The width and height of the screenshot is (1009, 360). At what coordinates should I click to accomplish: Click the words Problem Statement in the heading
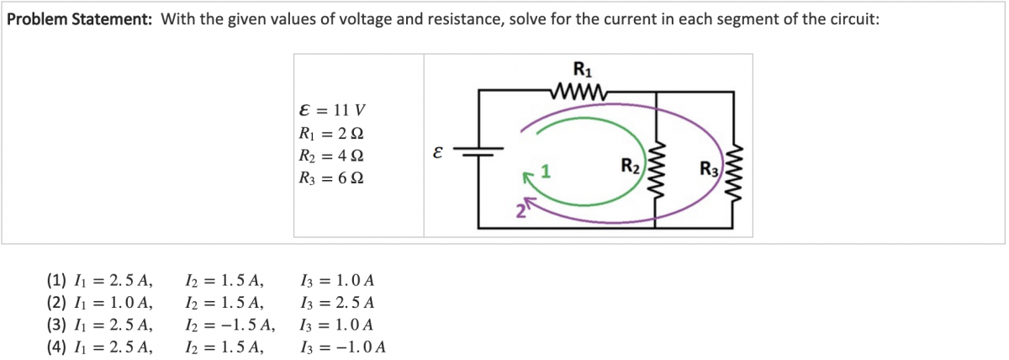coord(79,20)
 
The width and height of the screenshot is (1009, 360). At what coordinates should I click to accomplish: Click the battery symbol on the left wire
coord(479,153)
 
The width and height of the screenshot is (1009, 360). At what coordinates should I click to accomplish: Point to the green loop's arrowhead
coord(529,177)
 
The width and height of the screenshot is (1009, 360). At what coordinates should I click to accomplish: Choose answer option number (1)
coord(57,281)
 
